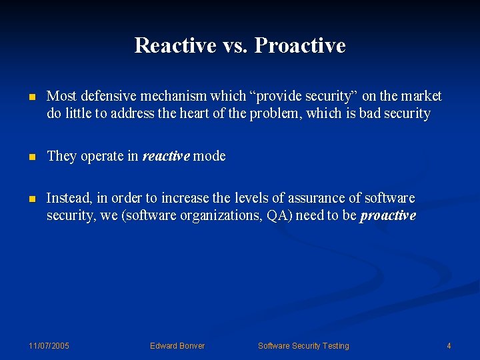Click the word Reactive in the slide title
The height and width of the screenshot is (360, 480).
tap(175, 45)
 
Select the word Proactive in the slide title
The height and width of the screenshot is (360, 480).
tap(300, 45)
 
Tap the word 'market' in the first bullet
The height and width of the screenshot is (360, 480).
tap(421, 96)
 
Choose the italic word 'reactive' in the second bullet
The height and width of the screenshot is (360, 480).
tap(166, 156)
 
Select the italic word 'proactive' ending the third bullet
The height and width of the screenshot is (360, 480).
tap(387, 215)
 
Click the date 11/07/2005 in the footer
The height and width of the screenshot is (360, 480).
tap(49, 345)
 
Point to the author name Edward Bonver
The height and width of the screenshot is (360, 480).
tap(177, 345)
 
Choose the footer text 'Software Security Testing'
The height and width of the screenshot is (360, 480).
tap(303, 345)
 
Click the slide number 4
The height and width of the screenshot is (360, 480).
tap(449, 345)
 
